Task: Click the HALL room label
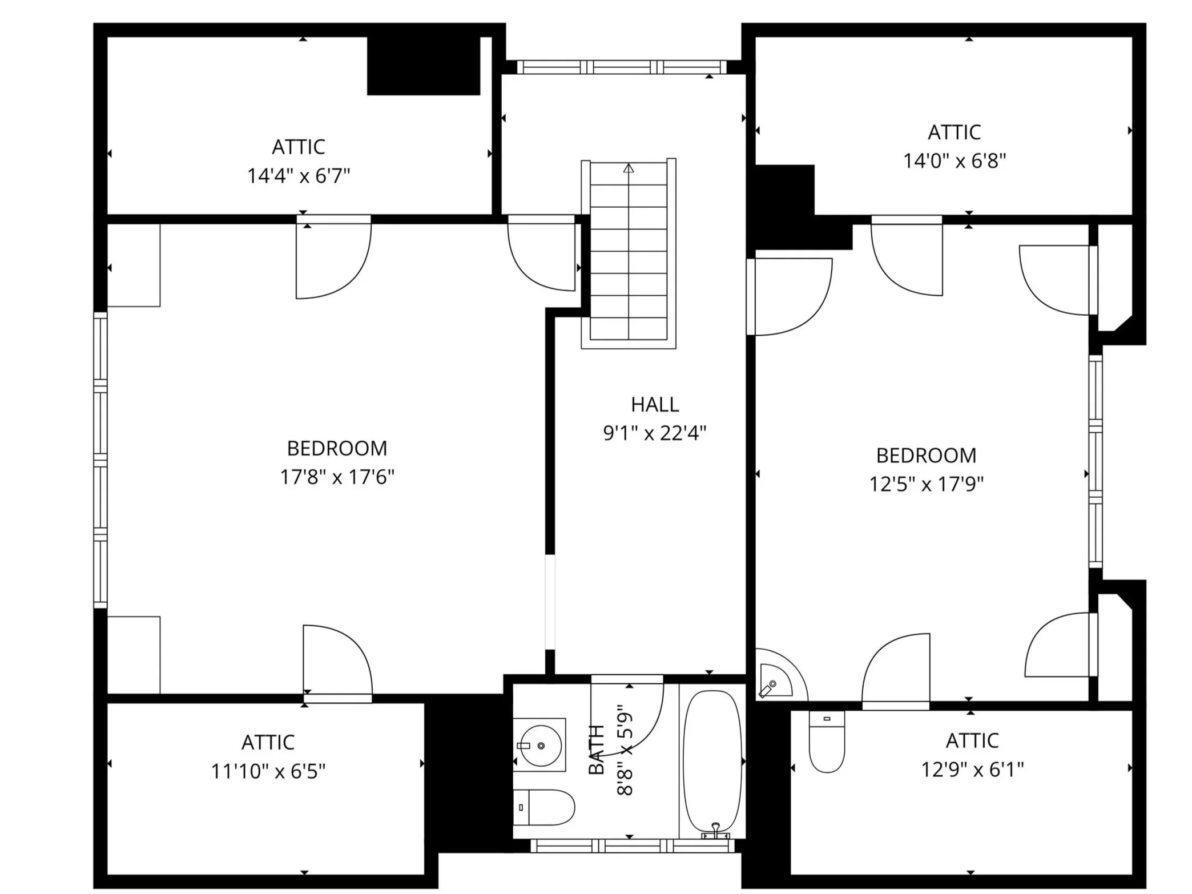pos(654,404)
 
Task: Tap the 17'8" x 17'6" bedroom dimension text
pos(337,477)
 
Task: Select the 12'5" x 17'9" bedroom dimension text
pos(926,484)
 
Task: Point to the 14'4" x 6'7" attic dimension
pos(298,175)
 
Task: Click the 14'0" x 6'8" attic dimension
pos(954,161)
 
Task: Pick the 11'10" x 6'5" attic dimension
pos(268,771)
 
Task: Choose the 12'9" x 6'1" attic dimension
pos(972,770)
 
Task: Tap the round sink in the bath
pos(539,745)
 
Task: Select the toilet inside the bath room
pos(543,807)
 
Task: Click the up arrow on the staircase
pos(629,168)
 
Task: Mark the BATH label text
pos(596,749)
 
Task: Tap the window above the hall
pos(622,67)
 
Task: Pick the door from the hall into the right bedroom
pos(791,297)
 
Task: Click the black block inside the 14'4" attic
pos(423,66)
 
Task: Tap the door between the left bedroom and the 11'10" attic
pos(337,662)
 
